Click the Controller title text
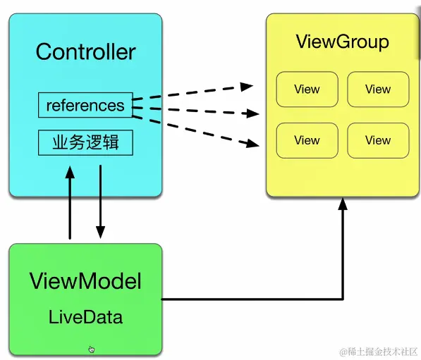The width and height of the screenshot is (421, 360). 85,51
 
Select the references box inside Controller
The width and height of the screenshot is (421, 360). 85,105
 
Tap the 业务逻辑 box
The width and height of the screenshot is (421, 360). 85,142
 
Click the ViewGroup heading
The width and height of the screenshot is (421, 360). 342,42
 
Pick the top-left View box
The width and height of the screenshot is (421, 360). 307,89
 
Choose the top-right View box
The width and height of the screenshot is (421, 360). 378,89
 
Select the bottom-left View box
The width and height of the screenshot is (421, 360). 307,140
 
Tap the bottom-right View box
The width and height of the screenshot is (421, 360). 378,140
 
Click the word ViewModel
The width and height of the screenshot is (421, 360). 85,281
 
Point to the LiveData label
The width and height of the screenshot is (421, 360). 85,317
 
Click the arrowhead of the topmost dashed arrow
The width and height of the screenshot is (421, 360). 247,87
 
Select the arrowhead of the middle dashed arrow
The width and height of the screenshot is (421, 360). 252,113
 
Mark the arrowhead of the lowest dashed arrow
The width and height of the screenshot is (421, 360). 253,144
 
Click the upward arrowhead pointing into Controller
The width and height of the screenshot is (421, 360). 70,172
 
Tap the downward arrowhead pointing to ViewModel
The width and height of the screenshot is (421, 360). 100,232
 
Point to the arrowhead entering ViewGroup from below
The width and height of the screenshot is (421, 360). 343,204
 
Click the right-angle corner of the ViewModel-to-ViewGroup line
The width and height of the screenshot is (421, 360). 343,299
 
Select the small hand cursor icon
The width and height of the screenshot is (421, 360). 91,349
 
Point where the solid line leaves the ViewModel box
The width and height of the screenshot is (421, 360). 162,299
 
